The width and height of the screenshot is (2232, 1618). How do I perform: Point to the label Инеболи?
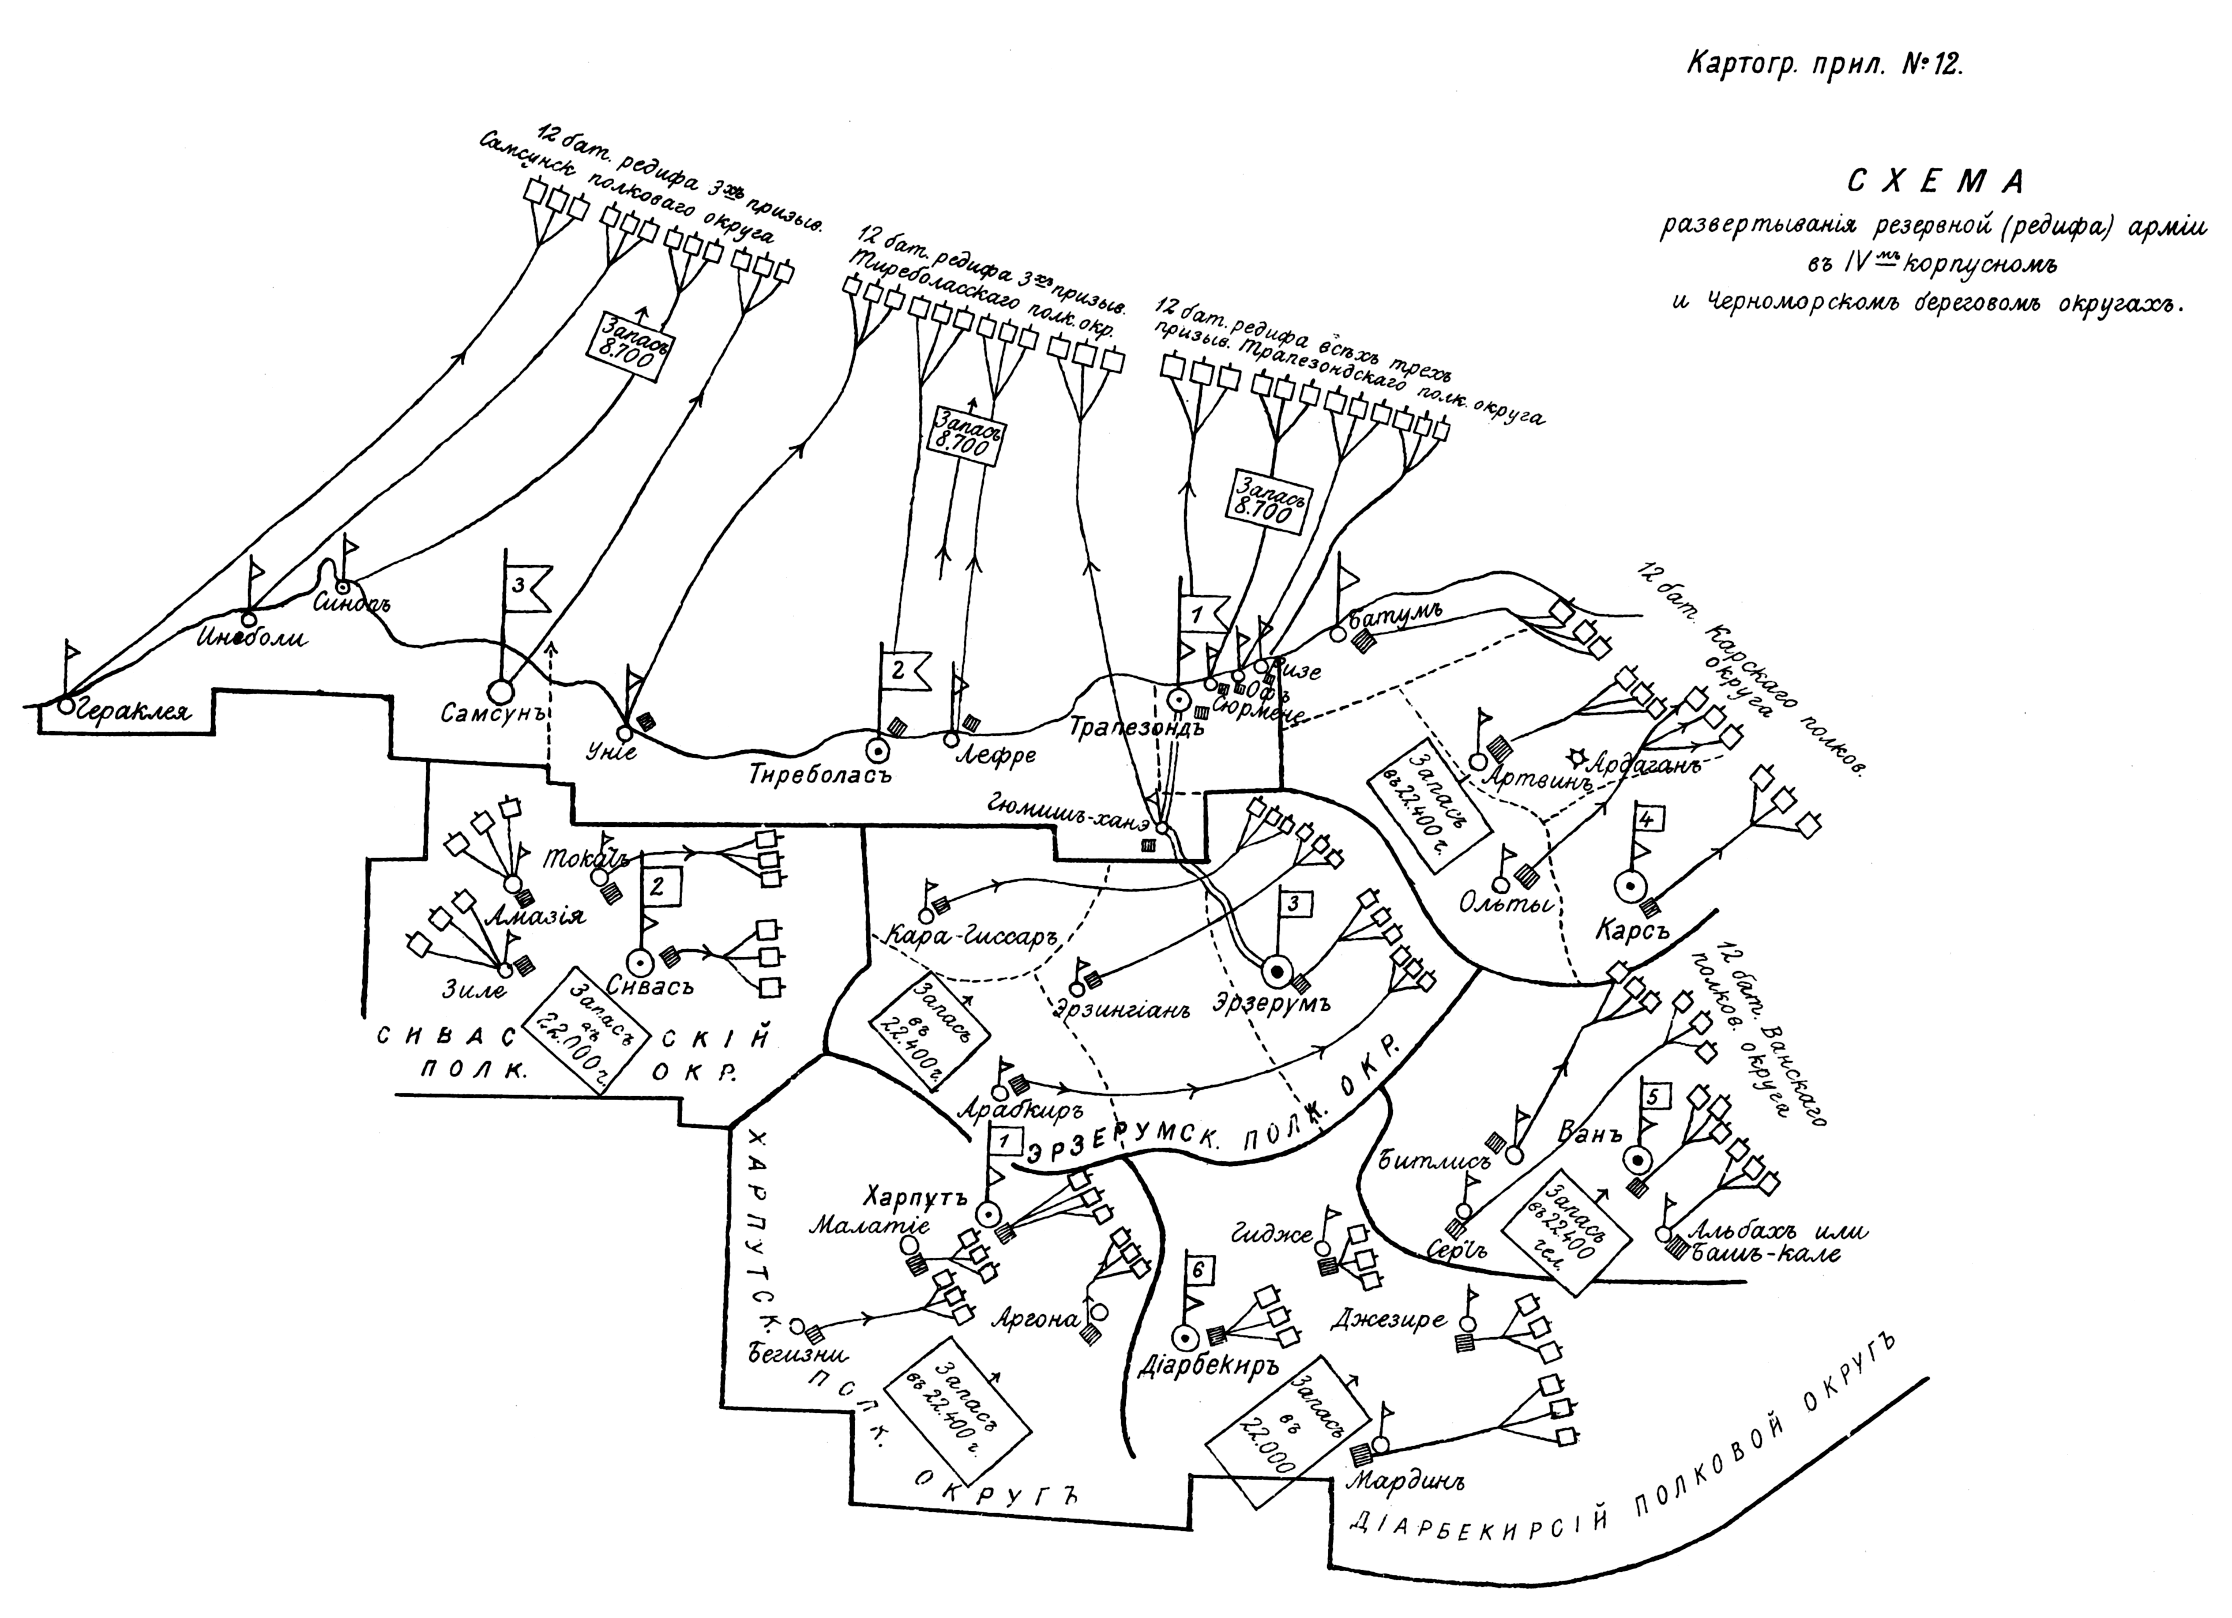tap(252, 638)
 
